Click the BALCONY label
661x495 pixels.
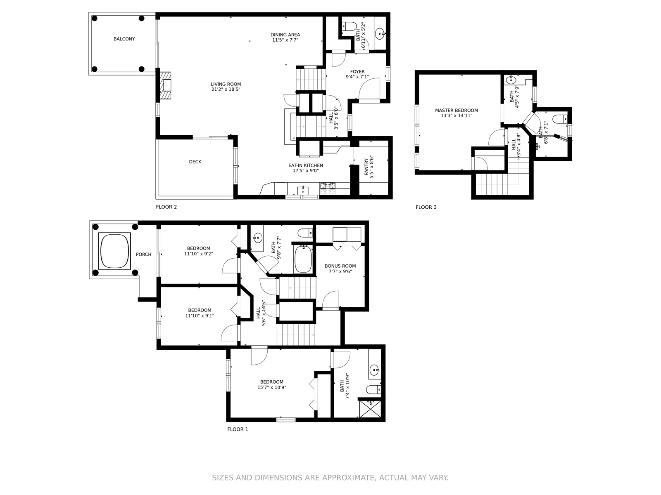click(x=124, y=39)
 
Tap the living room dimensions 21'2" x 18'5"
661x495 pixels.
click(x=226, y=90)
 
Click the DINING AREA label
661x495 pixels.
click(x=285, y=35)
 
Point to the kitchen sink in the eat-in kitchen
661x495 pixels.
click(x=303, y=190)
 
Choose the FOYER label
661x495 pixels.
click(x=357, y=72)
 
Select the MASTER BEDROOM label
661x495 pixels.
click(x=456, y=111)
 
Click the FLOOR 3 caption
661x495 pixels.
click(x=426, y=207)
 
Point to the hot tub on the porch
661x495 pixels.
click(x=114, y=250)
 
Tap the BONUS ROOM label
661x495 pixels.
click(x=340, y=266)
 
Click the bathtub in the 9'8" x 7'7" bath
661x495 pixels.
click(x=304, y=259)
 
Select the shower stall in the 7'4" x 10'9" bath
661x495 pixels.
click(x=370, y=408)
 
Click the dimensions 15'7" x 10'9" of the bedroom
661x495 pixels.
click(x=271, y=388)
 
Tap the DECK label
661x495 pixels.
click(x=195, y=162)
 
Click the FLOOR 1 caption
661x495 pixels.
click(x=238, y=429)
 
